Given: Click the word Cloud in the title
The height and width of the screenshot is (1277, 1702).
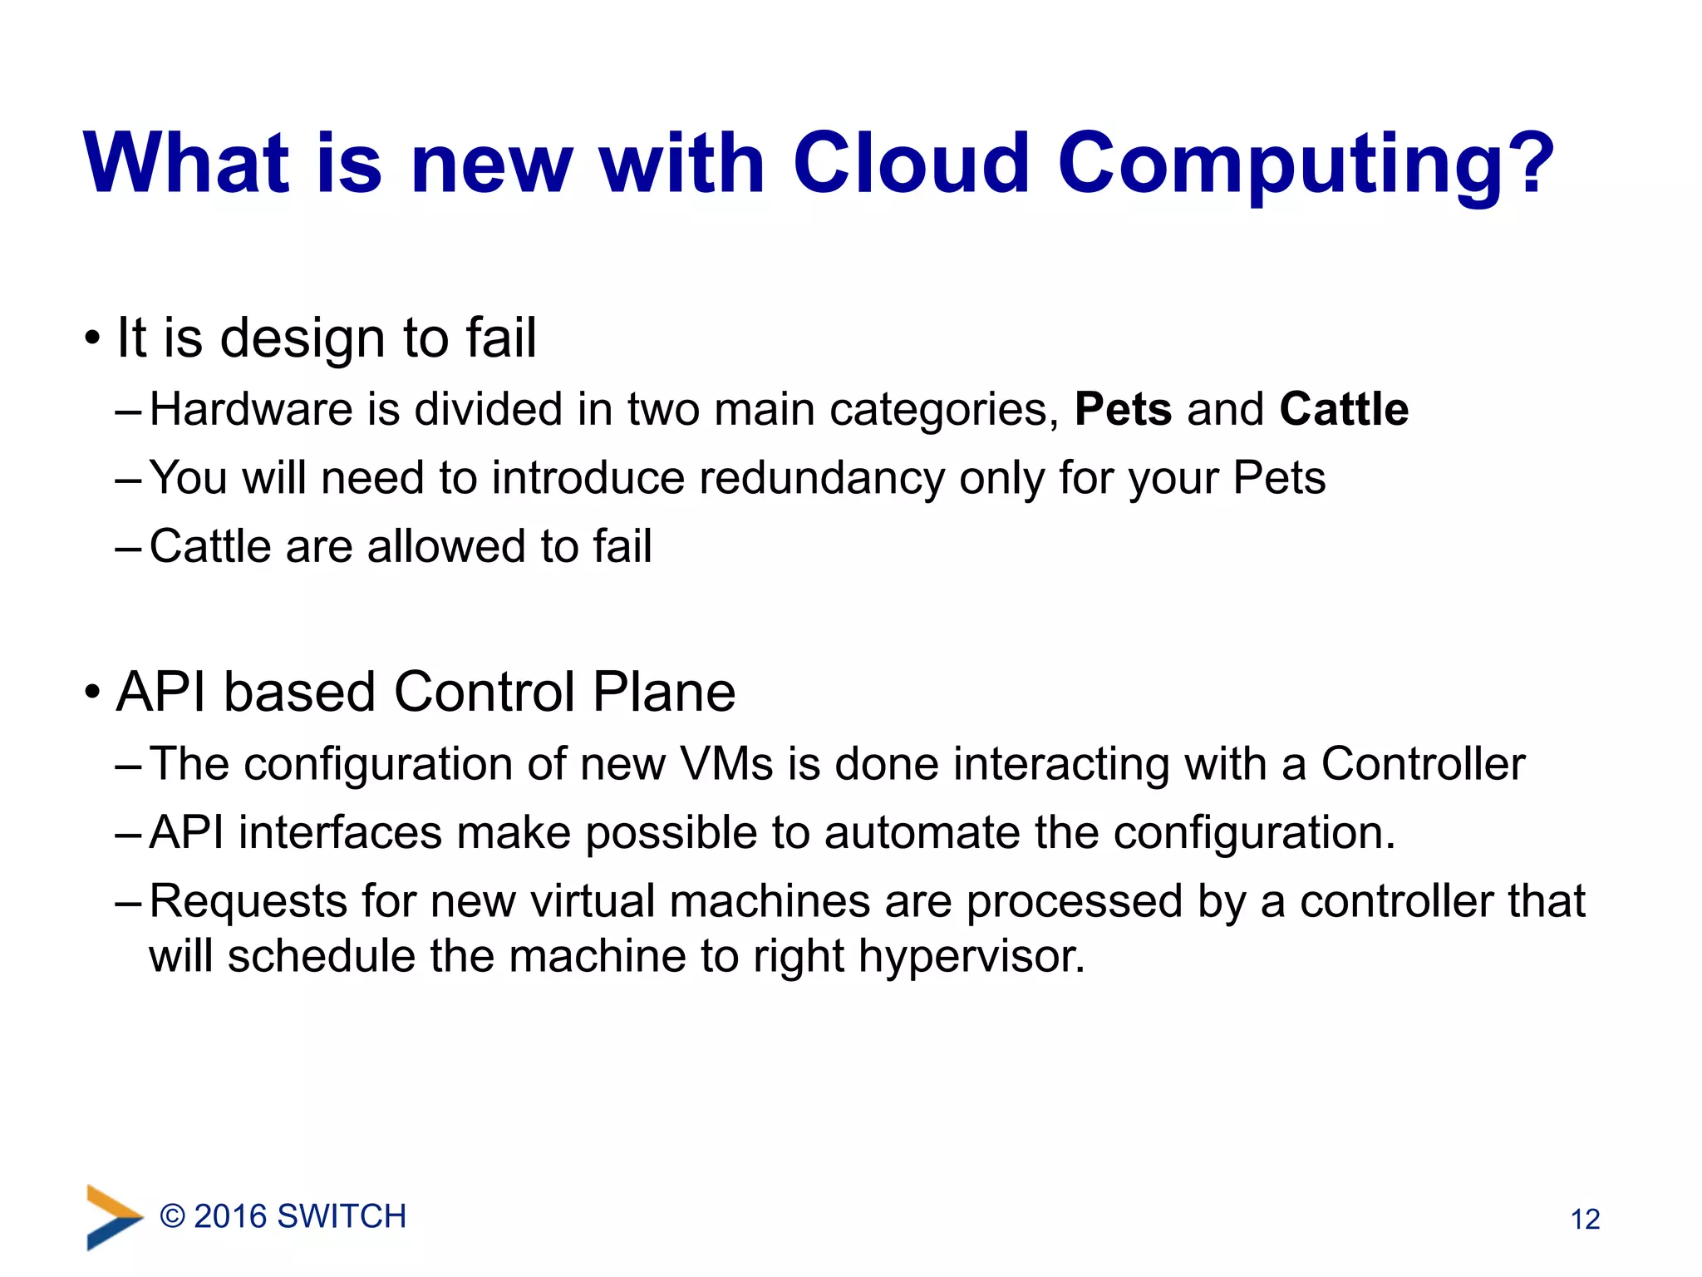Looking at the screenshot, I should click(x=912, y=164).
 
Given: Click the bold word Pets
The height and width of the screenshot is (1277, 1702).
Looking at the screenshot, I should click(x=1123, y=410).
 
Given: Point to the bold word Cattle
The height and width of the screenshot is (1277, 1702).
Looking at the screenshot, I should click(x=1344, y=410).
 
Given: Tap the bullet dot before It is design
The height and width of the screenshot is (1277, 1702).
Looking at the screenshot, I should click(x=92, y=339).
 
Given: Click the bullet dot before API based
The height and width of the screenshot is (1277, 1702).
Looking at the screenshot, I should click(x=92, y=693).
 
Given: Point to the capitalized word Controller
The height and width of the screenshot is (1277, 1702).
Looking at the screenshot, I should click(x=1423, y=764).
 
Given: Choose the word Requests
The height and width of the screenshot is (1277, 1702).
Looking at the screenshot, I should click(x=248, y=902).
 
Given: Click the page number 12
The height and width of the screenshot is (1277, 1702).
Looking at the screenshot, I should click(x=1585, y=1220).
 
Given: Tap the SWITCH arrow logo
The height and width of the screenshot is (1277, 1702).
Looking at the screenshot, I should click(x=113, y=1216).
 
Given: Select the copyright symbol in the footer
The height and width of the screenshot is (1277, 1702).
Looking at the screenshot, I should click(x=172, y=1217).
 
